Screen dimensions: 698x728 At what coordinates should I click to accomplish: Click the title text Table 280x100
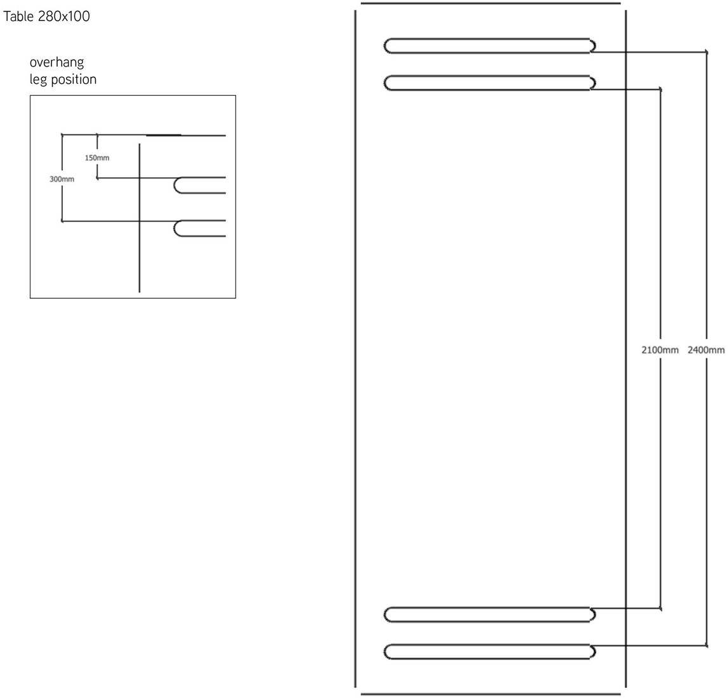click(x=46, y=16)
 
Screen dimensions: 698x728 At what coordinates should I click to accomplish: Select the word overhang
click(x=56, y=63)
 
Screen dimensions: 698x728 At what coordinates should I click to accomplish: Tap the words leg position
click(x=63, y=79)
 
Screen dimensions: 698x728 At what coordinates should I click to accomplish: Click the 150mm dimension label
click(x=97, y=157)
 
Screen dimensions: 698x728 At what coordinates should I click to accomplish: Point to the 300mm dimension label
click(x=62, y=180)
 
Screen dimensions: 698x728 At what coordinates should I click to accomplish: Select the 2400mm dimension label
click(x=706, y=350)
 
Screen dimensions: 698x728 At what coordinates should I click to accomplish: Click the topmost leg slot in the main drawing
click(x=489, y=46)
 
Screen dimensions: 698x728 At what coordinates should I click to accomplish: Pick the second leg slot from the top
click(x=489, y=83)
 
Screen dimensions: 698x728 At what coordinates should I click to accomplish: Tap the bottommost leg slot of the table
click(x=489, y=652)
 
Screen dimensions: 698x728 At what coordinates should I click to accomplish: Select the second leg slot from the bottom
click(x=489, y=614)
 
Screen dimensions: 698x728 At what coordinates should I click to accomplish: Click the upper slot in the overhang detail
click(x=200, y=185)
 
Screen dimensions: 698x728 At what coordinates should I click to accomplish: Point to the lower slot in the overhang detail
click(x=200, y=228)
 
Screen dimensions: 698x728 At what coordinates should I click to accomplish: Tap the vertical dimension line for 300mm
click(x=62, y=203)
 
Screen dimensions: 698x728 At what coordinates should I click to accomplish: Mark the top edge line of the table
click(x=490, y=3)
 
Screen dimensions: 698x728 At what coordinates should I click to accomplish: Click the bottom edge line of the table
click(x=490, y=694)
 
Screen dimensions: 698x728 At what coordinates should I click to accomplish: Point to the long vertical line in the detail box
click(x=139, y=254)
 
